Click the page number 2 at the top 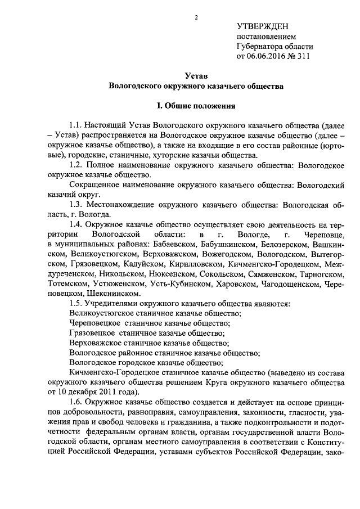pos(196,17)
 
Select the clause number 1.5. pos(76,303)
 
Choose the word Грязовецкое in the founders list pos(92,334)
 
